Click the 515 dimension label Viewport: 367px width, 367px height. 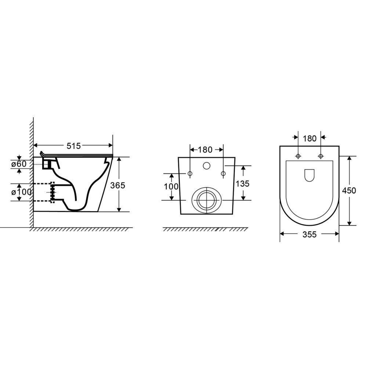click(x=73, y=146)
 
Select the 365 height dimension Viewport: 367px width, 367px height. click(x=118, y=185)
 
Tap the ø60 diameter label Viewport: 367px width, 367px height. click(x=19, y=164)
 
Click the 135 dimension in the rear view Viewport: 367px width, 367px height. click(x=243, y=183)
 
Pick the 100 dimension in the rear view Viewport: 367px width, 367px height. click(x=171, y=186)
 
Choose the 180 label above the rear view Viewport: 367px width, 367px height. click(x=205, y=150)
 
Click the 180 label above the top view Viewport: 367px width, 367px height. click(x=310, y=139)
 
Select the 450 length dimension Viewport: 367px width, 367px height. click(x=349, y=190)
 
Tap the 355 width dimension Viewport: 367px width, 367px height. click(x=309, y=234)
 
